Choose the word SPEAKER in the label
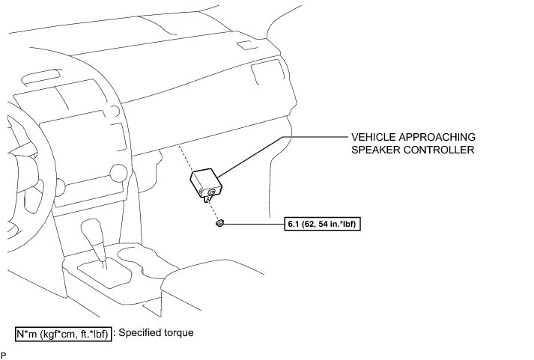click(376, 150)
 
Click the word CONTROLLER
click(442, 150)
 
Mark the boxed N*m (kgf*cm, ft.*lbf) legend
click(63, 333)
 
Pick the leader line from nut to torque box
click(255, 223)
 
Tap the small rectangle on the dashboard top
click(245, 46)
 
